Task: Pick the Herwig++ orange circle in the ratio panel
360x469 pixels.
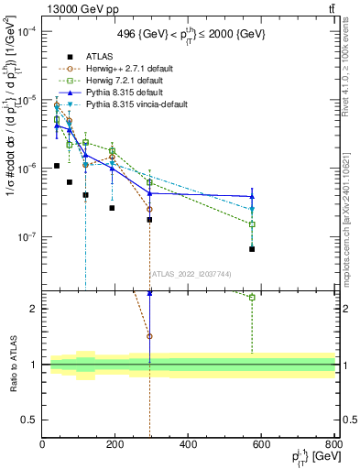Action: (149, 336)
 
